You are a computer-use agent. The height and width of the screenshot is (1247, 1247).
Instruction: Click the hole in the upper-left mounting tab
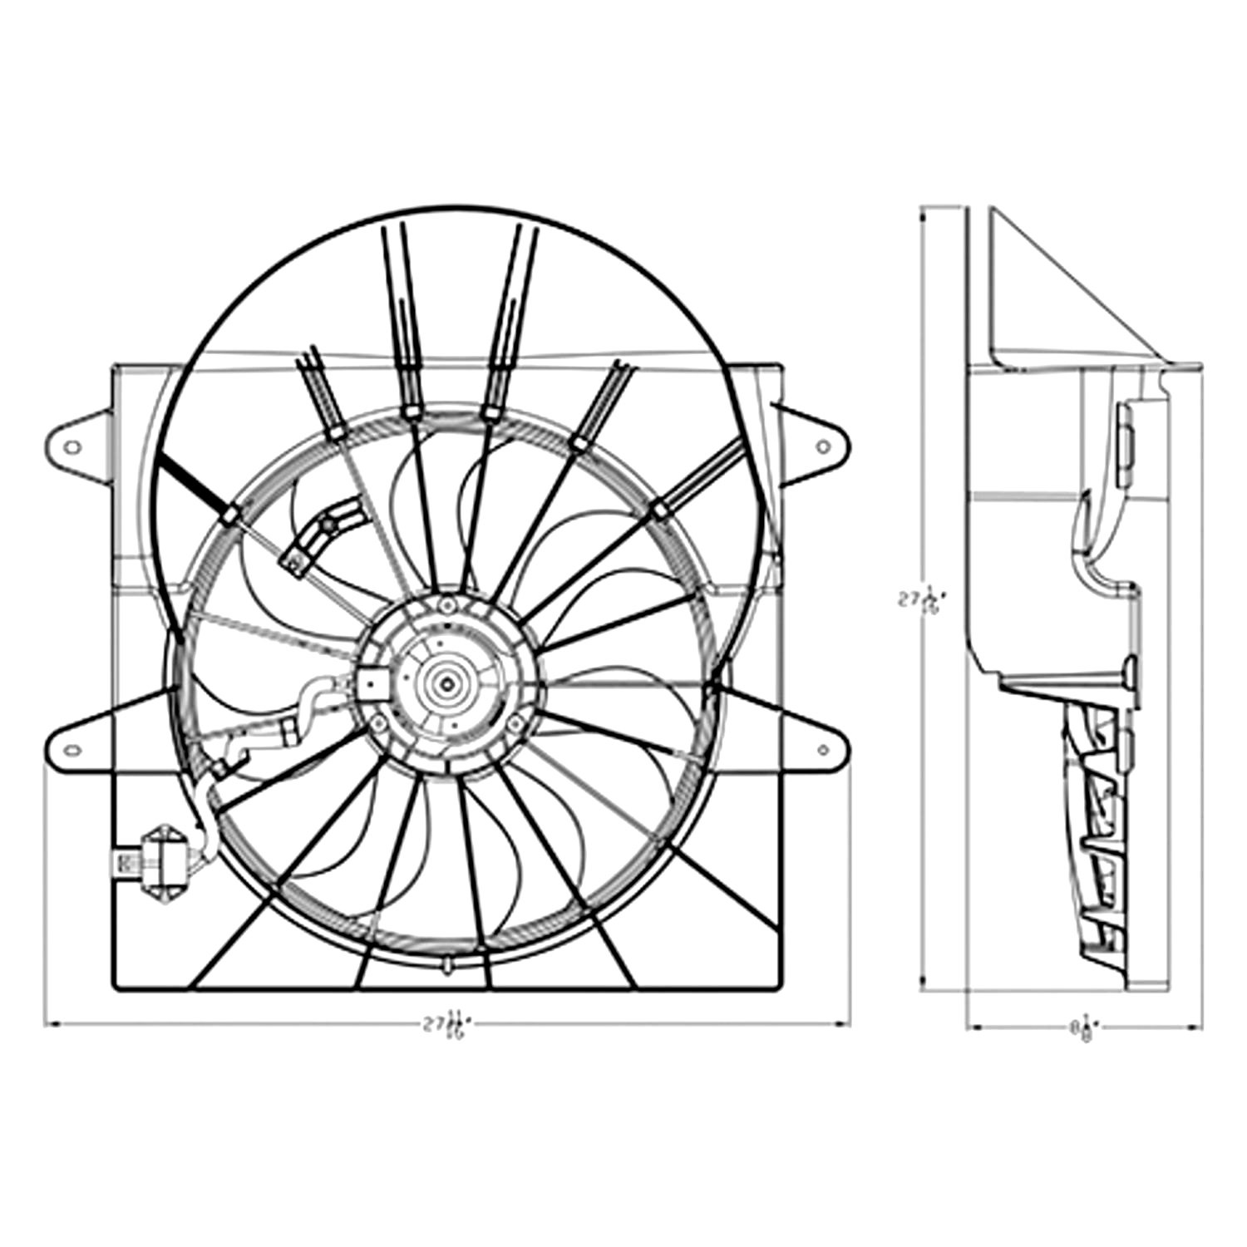click(x=72, y=447)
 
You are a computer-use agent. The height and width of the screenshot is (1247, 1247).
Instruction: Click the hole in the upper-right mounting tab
click(x=823, y=447)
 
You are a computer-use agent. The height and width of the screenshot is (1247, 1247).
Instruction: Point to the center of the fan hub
click(x=448, y=683)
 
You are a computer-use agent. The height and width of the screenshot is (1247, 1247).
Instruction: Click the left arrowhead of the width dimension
click(x=50, y=1024)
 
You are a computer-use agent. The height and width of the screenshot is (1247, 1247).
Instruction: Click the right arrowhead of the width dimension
click(x=845, y=1024)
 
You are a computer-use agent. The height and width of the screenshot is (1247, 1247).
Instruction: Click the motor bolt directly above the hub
click(x=448, y=604)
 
